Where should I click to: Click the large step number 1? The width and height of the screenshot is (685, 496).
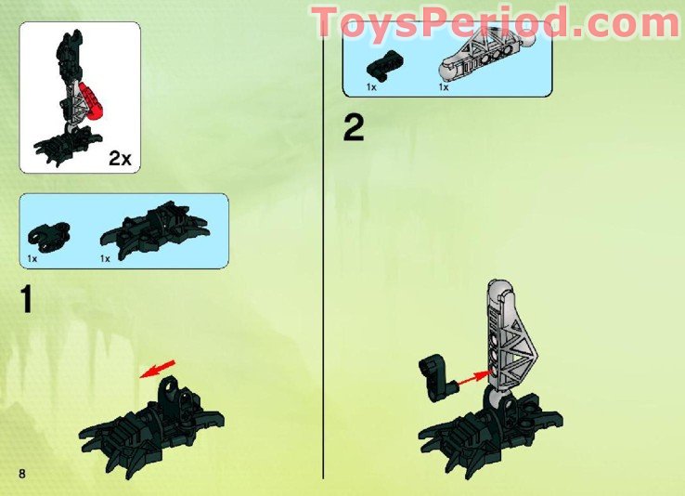coord(26,300)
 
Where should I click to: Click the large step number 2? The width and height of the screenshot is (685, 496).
coord(354,127)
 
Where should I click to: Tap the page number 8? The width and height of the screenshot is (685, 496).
coord(20,475)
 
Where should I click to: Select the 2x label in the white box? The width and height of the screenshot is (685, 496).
coord(121,159)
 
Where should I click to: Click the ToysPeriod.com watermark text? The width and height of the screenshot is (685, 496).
coord(496,22)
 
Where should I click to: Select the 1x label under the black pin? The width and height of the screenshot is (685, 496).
coord(370,87)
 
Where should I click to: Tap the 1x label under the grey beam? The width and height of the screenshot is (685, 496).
coord(444,87)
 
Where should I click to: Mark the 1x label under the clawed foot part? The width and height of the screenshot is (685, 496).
coord(105,258)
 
